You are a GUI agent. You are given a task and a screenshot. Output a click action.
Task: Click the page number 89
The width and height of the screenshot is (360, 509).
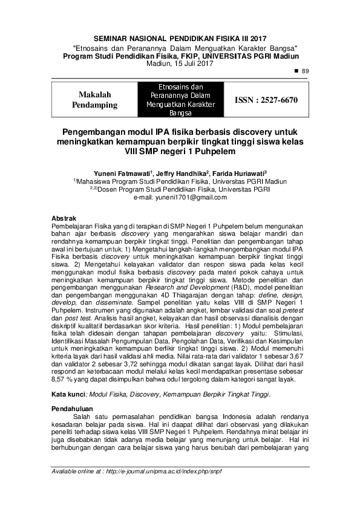tap(305, 71)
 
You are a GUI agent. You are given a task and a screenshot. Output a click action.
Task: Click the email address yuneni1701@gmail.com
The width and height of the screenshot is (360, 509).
tap(180, 197)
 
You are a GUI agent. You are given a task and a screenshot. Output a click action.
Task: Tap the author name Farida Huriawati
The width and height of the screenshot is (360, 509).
tap(241, 172)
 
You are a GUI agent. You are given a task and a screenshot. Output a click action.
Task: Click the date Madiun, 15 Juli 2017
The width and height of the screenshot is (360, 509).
tap(180, 63)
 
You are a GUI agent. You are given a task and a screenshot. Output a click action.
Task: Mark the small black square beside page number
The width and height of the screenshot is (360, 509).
tap(296, 71)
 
